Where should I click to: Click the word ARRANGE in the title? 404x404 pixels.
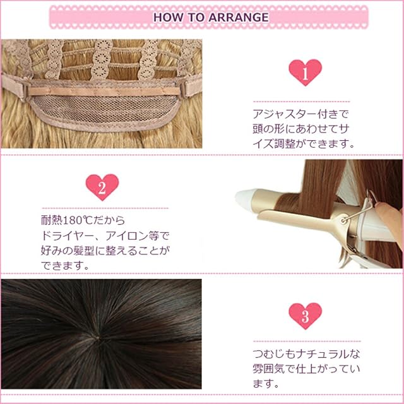239,17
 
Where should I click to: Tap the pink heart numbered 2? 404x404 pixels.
102,187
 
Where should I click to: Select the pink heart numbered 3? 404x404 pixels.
306,316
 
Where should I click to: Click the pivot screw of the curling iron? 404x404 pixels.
343,220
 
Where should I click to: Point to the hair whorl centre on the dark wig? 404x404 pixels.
98,337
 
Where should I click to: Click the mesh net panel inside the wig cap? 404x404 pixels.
104,109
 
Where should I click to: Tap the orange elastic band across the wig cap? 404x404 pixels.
104,91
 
